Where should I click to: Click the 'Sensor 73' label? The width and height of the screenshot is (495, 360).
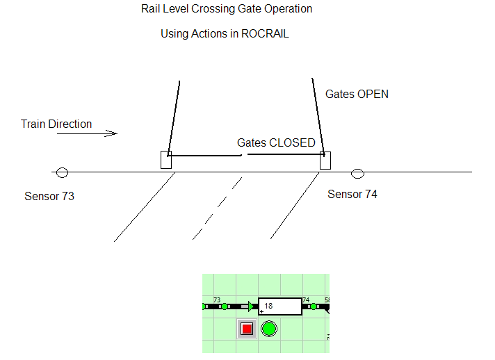click(x=49, y=196)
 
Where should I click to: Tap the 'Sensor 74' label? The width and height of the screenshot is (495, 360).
click(x=352, y=195)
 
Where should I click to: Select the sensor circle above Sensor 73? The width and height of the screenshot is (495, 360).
click(x=63, y=172)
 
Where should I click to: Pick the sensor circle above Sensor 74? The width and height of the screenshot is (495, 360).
click(x=357, y=173)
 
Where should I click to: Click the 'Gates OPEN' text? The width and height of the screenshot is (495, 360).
click(x=357, y=95)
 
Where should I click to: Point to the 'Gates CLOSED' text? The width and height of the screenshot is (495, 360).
click(x=276, y=142)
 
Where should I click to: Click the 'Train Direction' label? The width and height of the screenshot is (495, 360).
click(x=56, y=124)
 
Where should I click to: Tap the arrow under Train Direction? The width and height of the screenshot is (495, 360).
click(x=87, y=133)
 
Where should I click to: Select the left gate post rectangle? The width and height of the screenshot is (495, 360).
click(x=165, y=160)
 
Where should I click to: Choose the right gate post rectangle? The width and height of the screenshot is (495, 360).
click(x=325, y=161)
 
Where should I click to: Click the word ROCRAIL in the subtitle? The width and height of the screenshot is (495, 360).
click(x=265, y=33)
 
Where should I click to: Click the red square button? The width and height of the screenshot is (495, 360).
click(x=246, y=329)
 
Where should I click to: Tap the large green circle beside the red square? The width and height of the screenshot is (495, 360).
click(x=269, y=329)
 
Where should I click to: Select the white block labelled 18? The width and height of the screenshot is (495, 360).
click(x=280, y=306)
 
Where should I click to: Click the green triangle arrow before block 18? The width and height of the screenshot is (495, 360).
click(x=252, y=306)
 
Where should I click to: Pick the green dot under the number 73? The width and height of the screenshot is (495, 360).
click(x=224, y=306)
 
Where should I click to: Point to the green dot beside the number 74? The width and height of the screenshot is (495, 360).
click(x=313, y=306)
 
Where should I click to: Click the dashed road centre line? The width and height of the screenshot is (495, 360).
click(x=217, y=208)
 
